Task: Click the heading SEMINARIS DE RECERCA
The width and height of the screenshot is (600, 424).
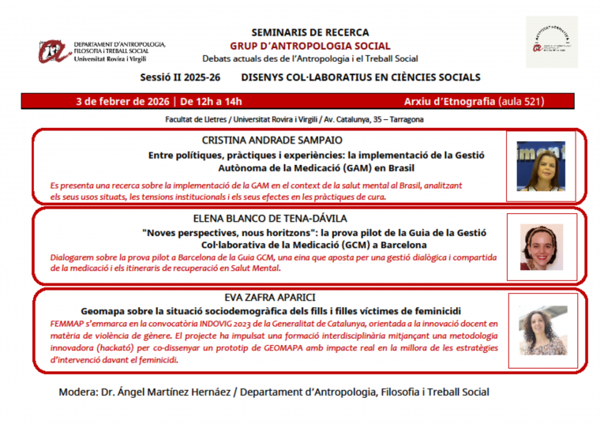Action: point(309,32)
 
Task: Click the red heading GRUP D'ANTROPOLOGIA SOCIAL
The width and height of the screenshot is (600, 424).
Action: point(309,46)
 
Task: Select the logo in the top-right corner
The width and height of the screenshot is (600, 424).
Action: point(551,42)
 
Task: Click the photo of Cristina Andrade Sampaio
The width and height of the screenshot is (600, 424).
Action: point(541,166)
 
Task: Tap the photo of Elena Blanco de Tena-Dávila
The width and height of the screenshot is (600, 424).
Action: point(541,246)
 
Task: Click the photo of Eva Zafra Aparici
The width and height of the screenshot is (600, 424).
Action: point(542,330)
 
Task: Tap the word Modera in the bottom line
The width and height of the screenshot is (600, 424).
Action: point(79,392)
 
